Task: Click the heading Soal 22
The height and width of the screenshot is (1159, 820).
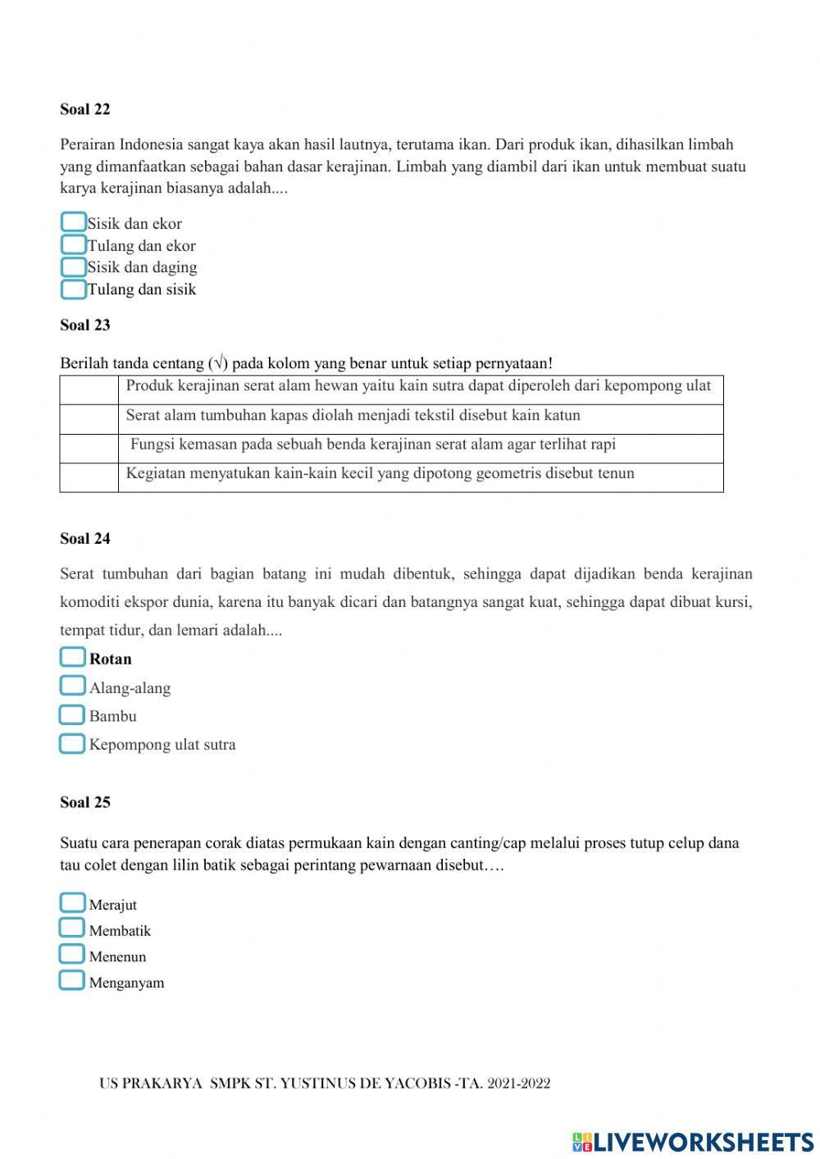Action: [84, 109]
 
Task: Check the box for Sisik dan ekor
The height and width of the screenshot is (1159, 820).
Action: [74, 222]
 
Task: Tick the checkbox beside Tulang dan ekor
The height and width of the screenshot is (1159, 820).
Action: [74, 244]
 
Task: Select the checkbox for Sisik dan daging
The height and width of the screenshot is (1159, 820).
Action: [74, 267]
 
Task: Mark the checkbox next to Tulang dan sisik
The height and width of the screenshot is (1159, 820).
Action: [74, 289]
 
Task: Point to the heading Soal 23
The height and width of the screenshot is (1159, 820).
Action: [84, 325]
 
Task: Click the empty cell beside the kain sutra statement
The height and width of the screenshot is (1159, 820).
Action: [89, 390]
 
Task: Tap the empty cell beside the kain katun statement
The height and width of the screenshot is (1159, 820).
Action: [89, 419]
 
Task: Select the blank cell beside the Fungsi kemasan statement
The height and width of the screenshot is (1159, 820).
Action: [89, 448]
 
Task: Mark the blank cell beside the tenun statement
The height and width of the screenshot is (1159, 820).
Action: [89, 477]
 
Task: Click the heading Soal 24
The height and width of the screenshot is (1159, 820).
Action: [84, 539]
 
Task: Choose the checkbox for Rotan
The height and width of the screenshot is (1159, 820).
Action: [73, 657]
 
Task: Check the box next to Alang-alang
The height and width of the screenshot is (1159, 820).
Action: [73, 686]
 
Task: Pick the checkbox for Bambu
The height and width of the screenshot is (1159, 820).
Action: [73, 714]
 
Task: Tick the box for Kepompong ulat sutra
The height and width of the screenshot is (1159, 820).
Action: [73, 743]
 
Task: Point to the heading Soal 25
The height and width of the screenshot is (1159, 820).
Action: [84, 802]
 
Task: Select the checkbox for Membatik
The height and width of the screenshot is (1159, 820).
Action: [72, 928]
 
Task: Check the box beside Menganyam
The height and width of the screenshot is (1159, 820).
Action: [72, 980]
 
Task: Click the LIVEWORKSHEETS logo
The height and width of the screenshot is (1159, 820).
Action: [693, 1141]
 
